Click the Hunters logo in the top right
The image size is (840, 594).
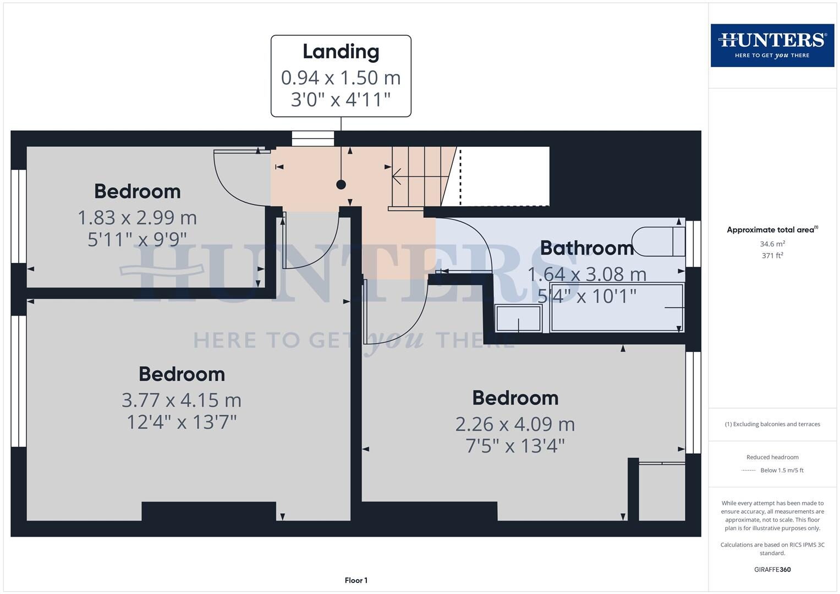[x=772, y=45]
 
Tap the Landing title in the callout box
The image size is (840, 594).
[x=341, y=52]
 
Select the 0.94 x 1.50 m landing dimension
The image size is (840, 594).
[x=341, y=78]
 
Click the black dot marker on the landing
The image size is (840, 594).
[x=341, y=185]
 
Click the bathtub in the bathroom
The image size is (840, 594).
[x=617, y=307]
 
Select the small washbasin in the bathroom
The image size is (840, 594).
[x=518, y=318]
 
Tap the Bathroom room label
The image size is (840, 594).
[x=586, y=248]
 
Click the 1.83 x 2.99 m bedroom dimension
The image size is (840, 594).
[x=137, y=218]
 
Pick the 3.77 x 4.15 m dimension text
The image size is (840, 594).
[x=182, y=400]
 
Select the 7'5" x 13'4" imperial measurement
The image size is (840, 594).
[x=515, y=446]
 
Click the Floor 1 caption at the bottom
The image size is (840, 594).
[x=356, y=580]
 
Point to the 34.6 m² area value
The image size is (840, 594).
[x=772, y=244]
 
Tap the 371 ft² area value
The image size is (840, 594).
[x=772, y=255]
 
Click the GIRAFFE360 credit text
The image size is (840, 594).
[x=772, y=569]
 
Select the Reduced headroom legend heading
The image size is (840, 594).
[x=772, y=457]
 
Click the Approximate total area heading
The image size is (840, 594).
[x=772, y=230]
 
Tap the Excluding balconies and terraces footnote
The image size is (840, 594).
[x=772, y=424]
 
